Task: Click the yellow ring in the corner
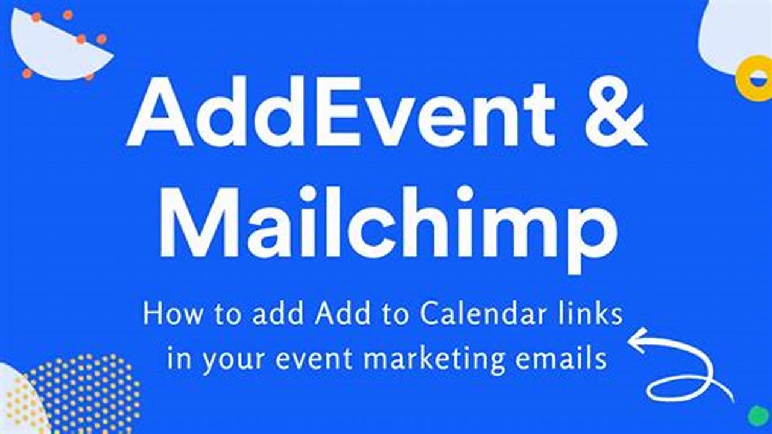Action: [753, 77]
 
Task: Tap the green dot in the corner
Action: [758, 415]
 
